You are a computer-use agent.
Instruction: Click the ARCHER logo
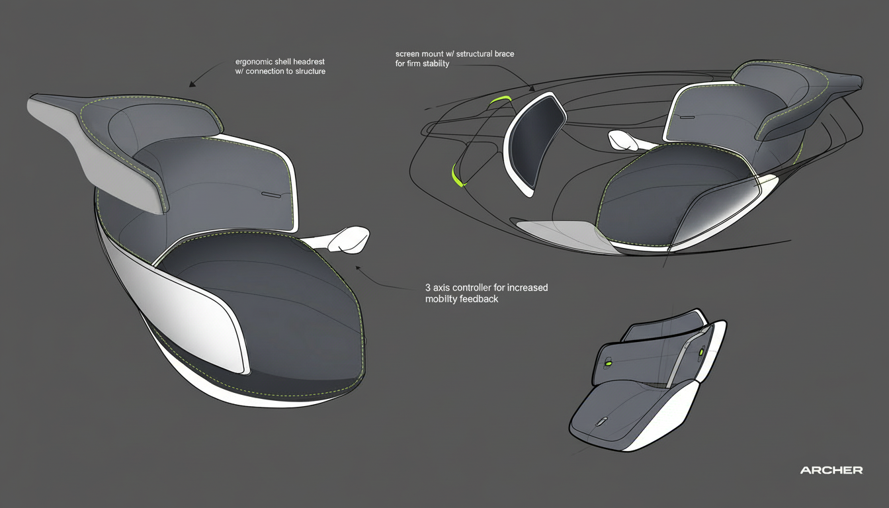click(x=831, y=470)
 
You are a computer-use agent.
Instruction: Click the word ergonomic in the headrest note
click(x=255, y=62)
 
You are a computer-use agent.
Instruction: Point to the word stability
click(x=434, y=63)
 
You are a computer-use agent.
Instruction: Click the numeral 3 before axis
click(x=428, y=288)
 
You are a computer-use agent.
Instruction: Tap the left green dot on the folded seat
click(x=607, y=362)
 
